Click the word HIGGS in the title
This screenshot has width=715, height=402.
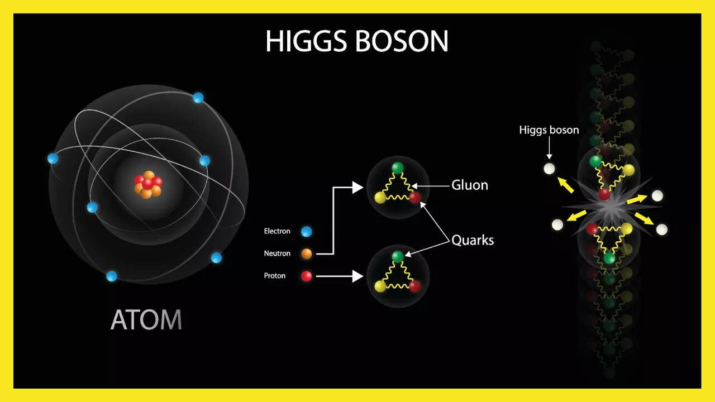[306, 41]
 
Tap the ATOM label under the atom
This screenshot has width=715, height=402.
[146, 319]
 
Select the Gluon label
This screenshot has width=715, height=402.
[470, 185]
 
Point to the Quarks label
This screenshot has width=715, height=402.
[473, 240]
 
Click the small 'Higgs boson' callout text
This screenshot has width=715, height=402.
[549, 130]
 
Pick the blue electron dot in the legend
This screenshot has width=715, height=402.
[307, 231]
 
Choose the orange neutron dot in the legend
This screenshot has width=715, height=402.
[307, 253]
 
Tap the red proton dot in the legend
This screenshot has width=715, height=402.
[307, 276]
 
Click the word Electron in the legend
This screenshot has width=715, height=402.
[277, 231]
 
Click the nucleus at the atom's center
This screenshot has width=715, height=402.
[148, 184]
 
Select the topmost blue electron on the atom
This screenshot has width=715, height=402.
[198, 98]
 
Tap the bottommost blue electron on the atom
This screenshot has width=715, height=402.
[111, 276]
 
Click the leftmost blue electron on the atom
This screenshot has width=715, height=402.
[53, 158]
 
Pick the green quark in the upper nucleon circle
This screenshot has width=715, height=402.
[397, 168]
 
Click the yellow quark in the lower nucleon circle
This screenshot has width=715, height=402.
[380, 286]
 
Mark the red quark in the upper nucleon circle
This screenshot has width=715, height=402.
[414, 198]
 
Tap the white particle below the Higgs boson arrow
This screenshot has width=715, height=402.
[549, 169]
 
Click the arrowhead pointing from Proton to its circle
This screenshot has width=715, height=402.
[357, 276]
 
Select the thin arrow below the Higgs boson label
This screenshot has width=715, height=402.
[549, 148]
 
